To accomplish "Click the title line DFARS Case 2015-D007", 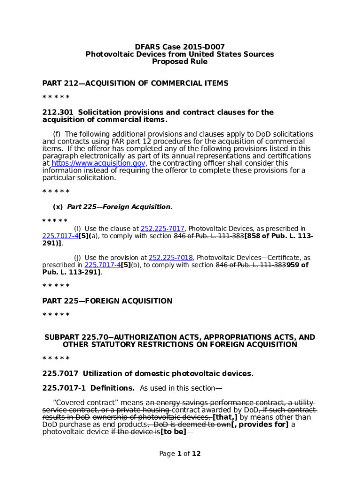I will pos(180,47).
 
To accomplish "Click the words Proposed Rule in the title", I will pos(180,62).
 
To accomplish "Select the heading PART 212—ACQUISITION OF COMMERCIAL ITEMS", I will pos(135,83).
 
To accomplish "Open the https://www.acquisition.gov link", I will pos(98,163).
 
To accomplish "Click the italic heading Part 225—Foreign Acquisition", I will pos(120,207).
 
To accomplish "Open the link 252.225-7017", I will pos(163,229).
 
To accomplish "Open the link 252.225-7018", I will pos(171,258).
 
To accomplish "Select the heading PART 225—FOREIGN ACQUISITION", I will pos(107,301).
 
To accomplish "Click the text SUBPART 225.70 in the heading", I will pos(75,337).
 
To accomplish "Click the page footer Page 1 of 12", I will pos(180,454).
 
